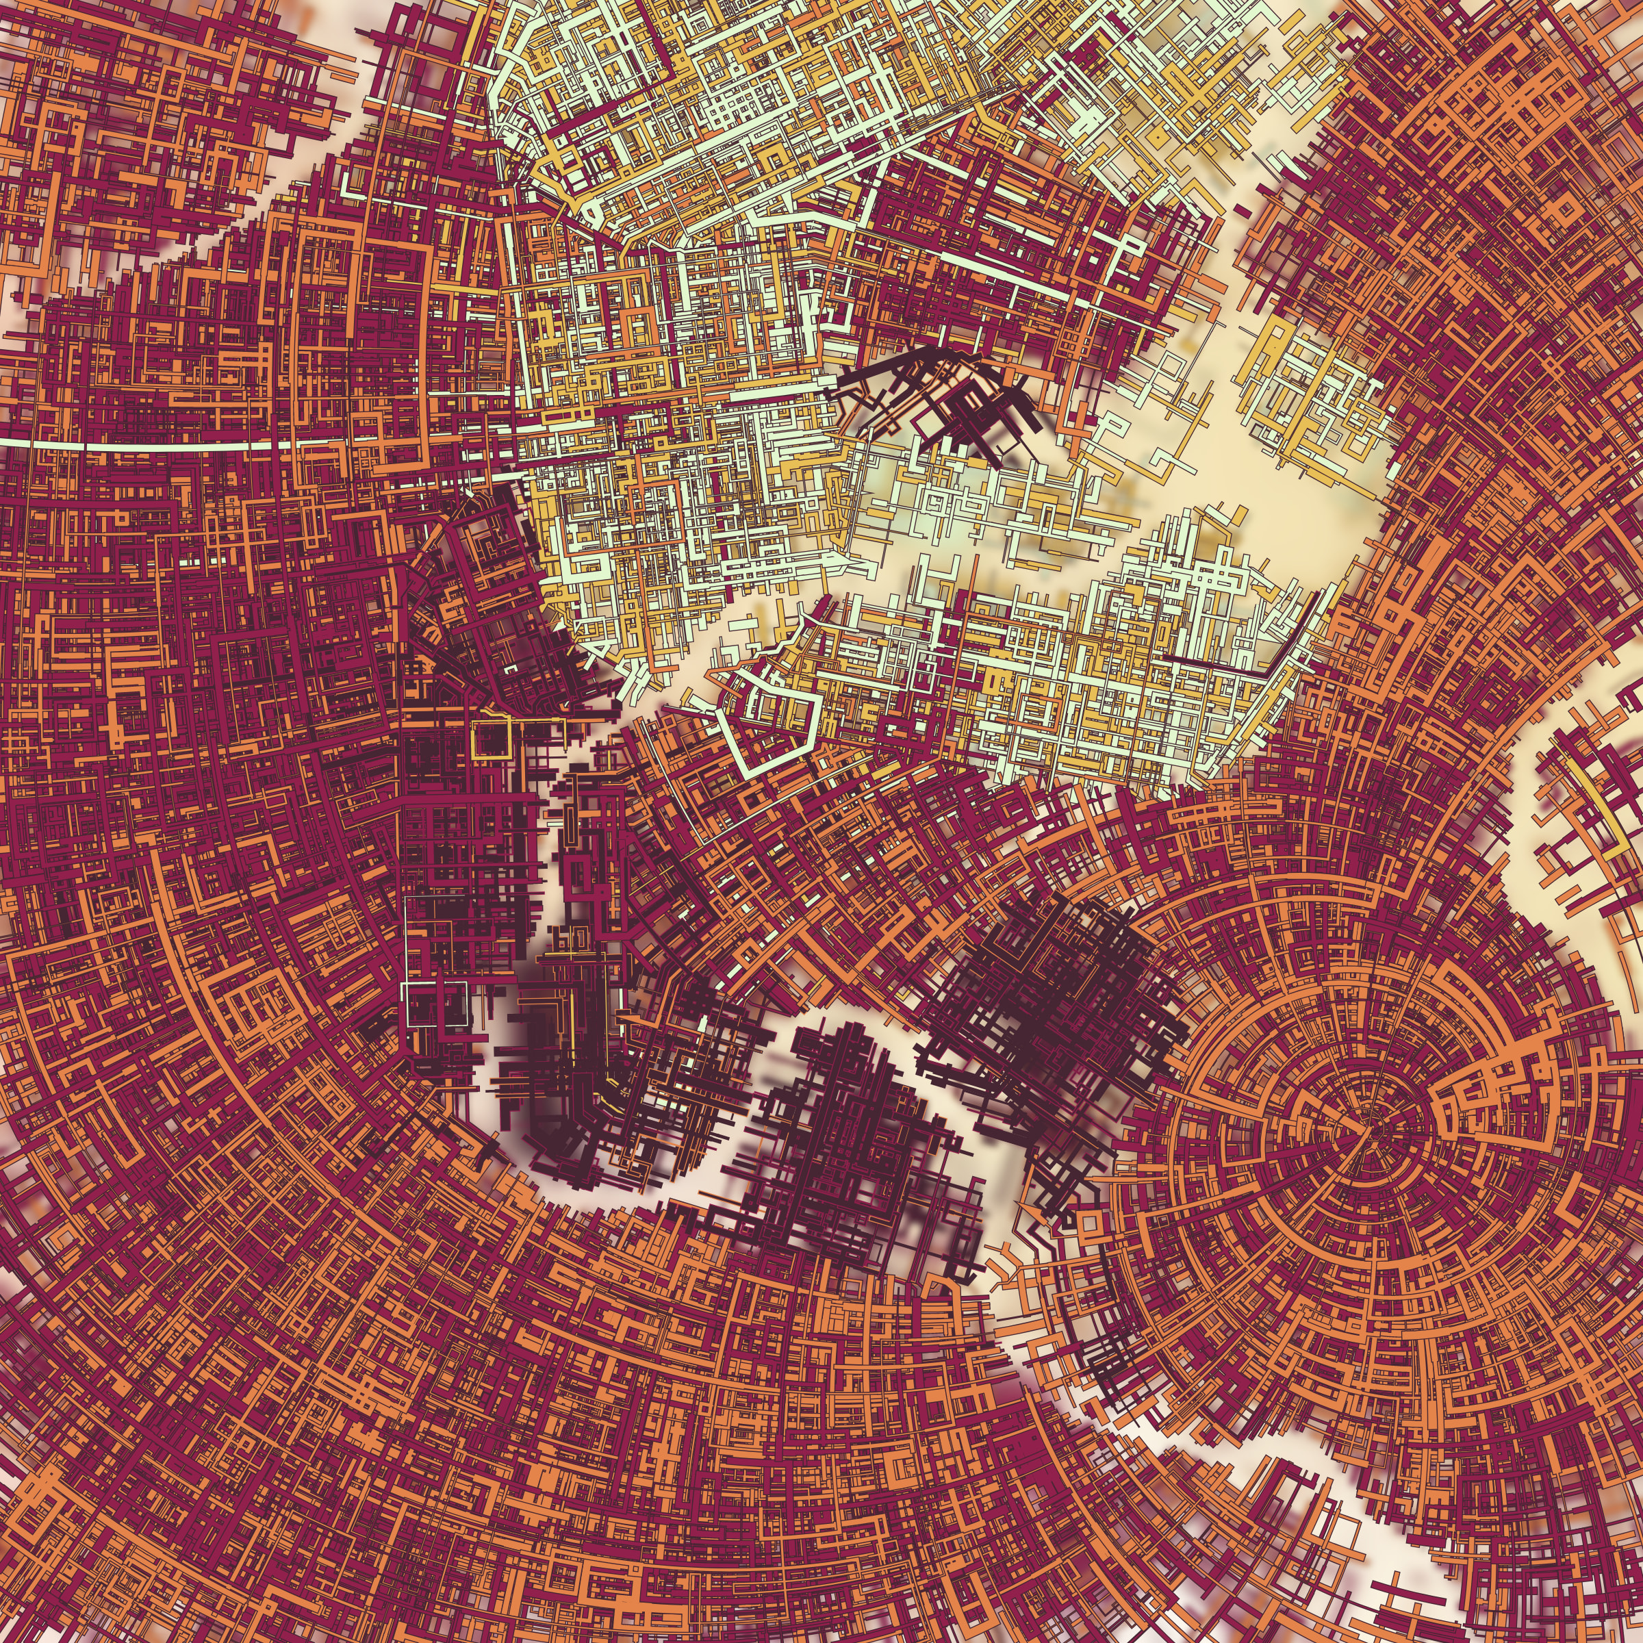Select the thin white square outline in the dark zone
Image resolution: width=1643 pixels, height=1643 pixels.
coord(436,1004)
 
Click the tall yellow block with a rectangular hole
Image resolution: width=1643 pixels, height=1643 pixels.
coord(1273,353)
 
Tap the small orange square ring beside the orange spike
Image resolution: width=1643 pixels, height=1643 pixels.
coord(1091,1223)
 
